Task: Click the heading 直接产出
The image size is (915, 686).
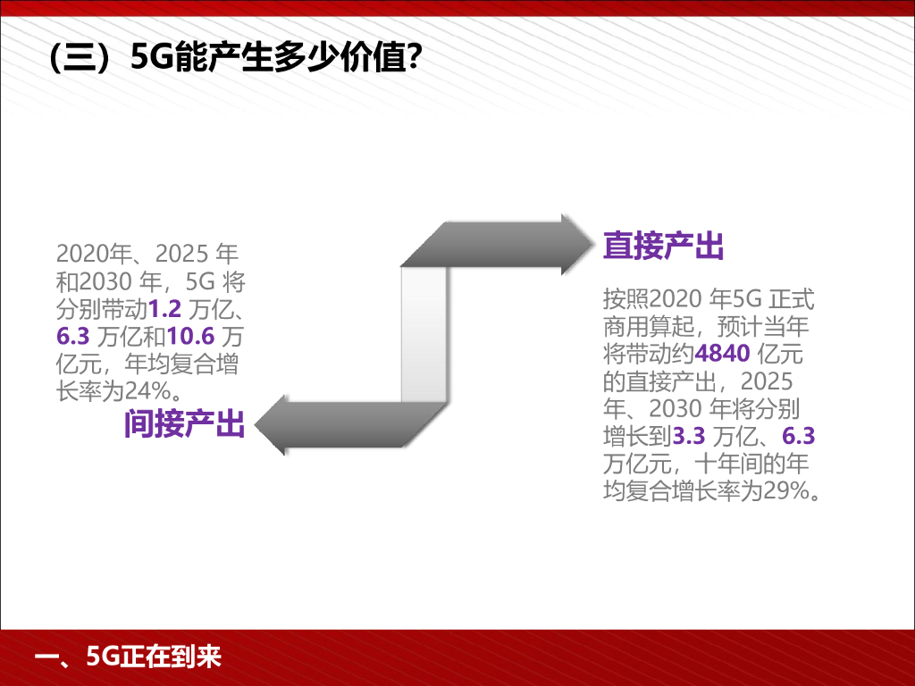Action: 663,246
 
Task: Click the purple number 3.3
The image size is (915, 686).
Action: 689,437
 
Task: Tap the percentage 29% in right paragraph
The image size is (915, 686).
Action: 784,490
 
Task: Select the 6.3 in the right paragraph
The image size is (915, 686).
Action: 798,437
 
